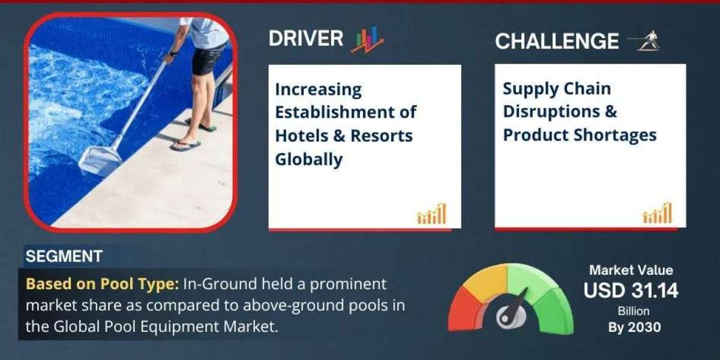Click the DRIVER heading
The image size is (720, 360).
pos(305,39)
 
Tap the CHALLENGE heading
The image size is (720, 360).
pos(556,41)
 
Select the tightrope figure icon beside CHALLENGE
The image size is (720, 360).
pos(644,40)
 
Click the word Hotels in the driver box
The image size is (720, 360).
pos(305,136)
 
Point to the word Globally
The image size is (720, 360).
pos(308,159)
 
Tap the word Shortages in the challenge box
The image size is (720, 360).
pos(620,135)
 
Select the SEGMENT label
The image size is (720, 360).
pos(64,256)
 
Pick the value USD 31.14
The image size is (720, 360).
pos(631,291)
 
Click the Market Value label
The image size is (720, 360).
pos(631,270)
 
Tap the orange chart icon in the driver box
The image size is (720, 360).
pos(431,214)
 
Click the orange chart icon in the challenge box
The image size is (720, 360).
pos(657,214)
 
